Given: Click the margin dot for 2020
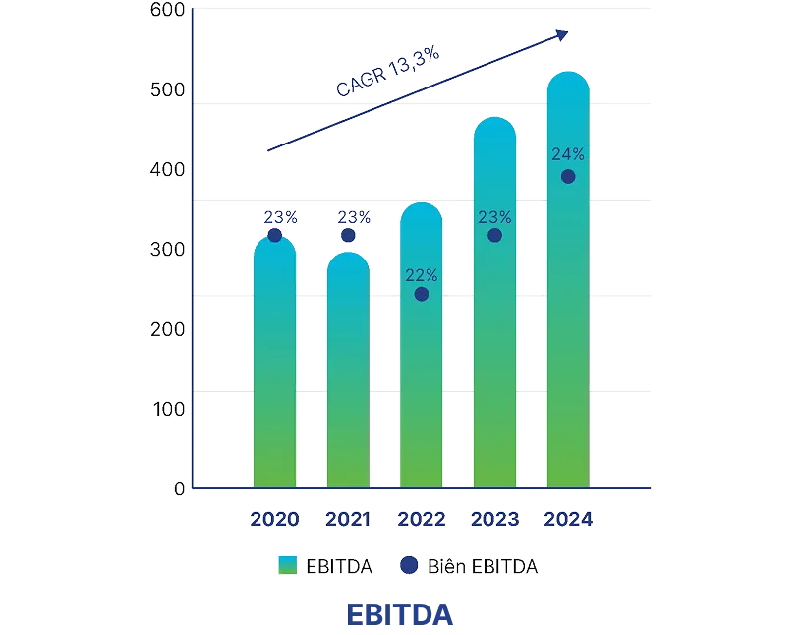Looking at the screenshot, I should click(x=274, y=235).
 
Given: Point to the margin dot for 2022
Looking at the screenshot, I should click(x=422, y=294).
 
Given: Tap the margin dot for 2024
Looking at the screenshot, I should click(x=568, y=176).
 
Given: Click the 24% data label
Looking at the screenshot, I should click(x=568, y=154).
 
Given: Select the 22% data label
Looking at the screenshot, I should click(x=422, y=275).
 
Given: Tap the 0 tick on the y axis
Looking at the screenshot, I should click(x=179, y=489).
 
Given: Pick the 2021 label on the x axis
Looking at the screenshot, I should click(x=348, y=519).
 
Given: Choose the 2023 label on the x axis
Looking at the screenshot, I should click(x=494, y=519).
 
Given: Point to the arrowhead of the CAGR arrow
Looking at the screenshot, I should click(x=563, y=34).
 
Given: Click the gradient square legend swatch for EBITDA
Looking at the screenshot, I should click(x=287, y=566).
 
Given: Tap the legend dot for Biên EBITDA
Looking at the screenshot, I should click(x=409, y=566).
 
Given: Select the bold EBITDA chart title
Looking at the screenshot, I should click(x=401, y=615).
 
